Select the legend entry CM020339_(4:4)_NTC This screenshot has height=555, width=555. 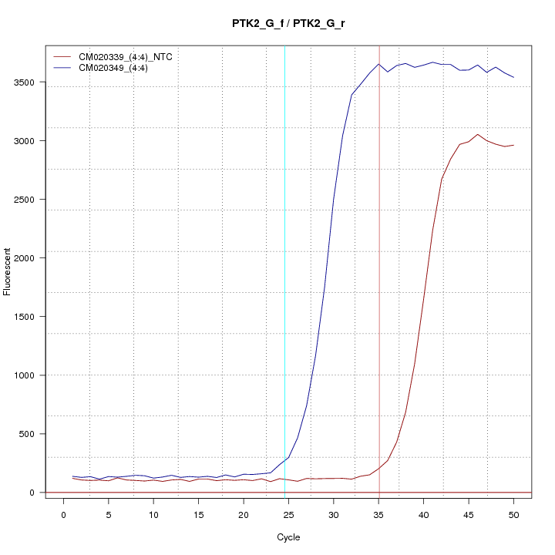tap(125, 57)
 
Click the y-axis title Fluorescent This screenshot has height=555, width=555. tap(8, 271)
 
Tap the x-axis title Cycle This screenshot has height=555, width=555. tap(288, 537)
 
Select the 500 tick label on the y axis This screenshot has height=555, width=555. tap(27, 434)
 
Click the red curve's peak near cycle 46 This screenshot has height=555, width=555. tap(478, 134)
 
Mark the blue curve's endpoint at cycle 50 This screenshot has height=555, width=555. tap(513, 77)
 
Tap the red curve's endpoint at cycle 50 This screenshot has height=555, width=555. tap(513, 145)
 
